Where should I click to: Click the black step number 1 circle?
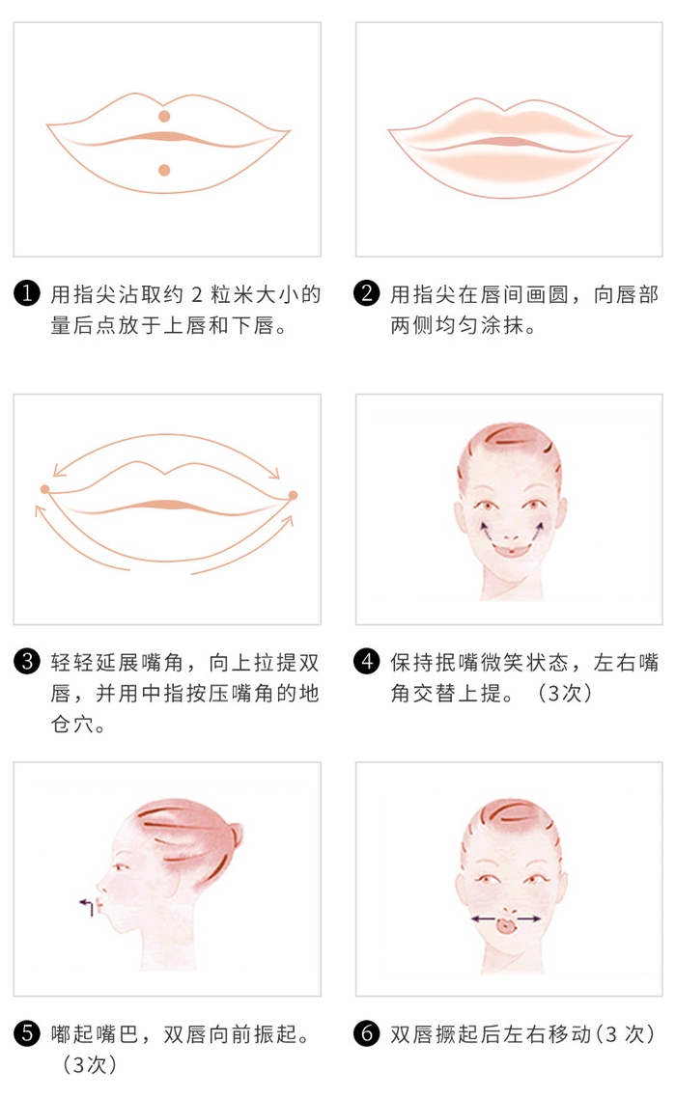(27, 293)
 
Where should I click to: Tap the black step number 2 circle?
(367, 293)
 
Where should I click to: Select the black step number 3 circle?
(27, 661)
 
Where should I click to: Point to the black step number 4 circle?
(367, 661)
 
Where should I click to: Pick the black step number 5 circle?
(27, 1033)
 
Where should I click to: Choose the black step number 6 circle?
(367, 1033)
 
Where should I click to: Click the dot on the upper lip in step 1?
(164, 116)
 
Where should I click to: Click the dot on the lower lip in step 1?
(164, 170)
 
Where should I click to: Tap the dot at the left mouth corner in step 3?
(44, 489)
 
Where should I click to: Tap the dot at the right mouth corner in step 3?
(293, 495)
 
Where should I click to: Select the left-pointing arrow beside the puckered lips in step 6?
(484, 919)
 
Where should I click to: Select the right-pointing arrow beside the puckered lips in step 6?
(527, 919)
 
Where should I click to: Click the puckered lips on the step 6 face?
(505, 925)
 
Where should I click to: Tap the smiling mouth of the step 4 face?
(512, 550)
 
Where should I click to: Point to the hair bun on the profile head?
(236, 834)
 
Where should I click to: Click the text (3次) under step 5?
(90, 1064)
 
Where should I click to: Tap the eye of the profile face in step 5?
(123, 867)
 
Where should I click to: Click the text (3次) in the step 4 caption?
(565, 693)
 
